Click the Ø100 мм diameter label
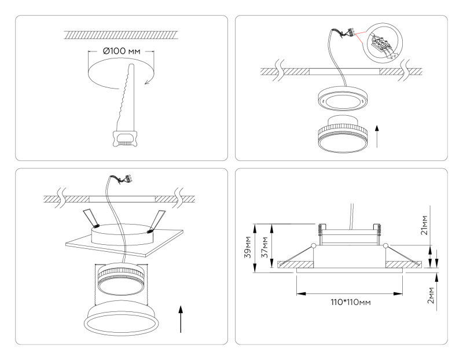121,52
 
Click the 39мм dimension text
247,247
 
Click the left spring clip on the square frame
90,217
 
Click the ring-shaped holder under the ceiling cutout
342,98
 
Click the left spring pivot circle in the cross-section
313,247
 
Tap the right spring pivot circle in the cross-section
385,247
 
